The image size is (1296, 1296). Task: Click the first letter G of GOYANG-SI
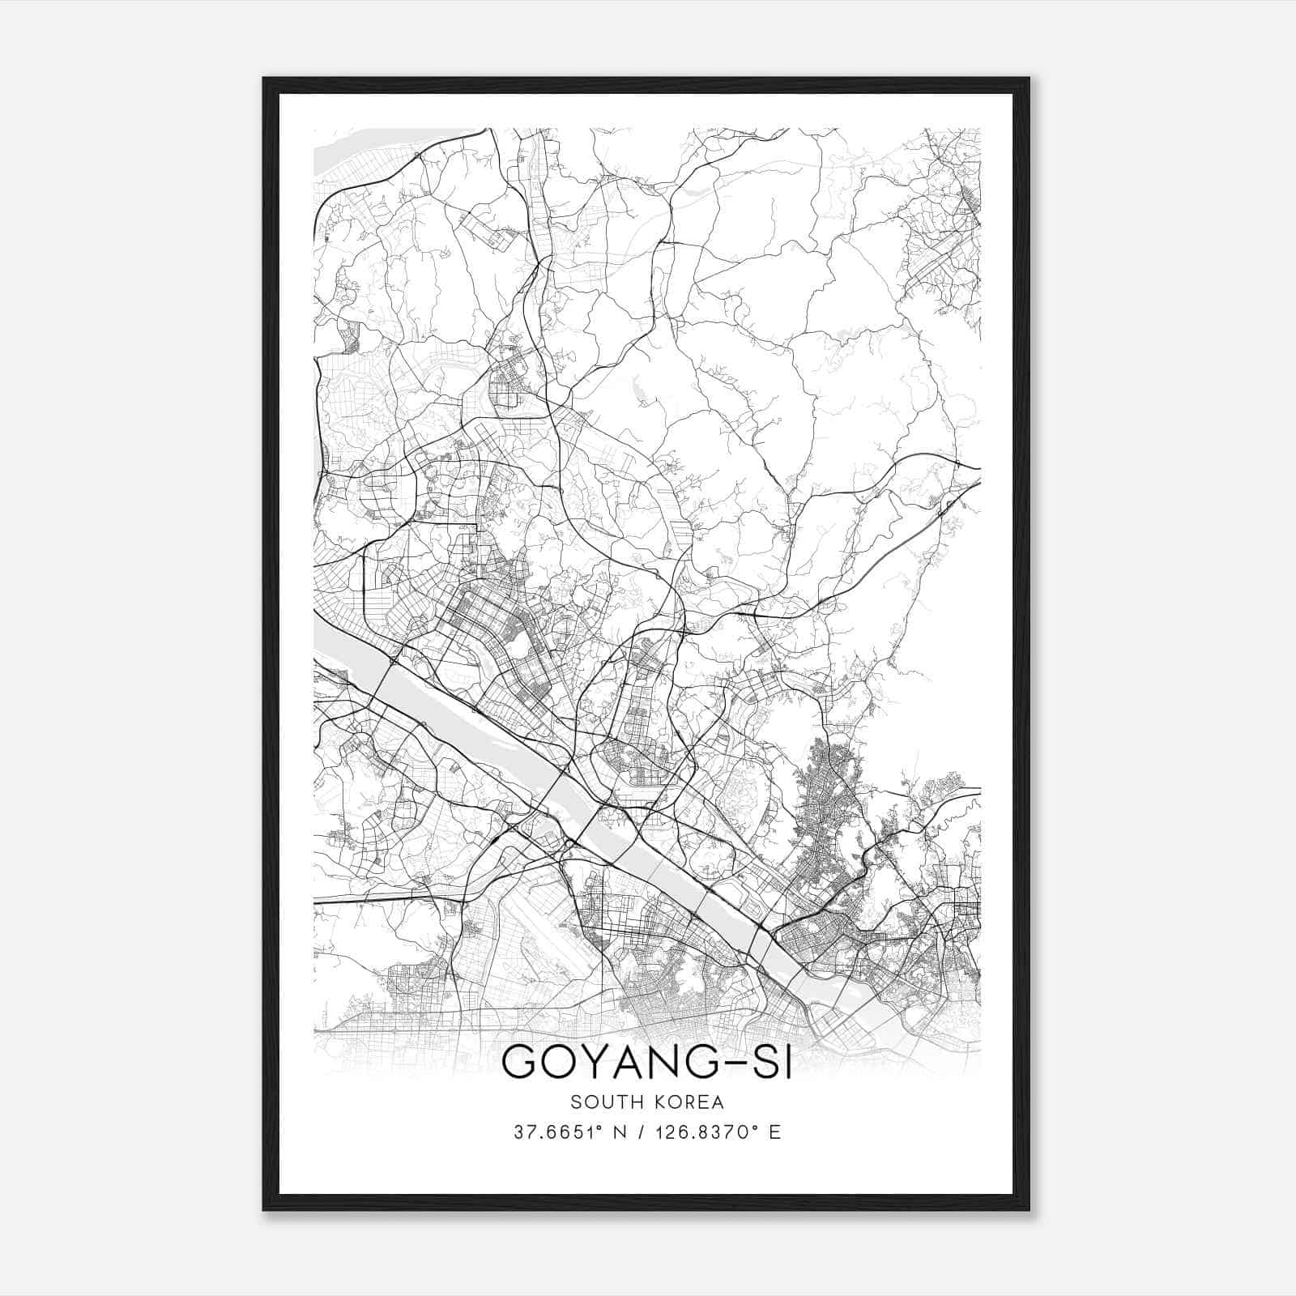521,1062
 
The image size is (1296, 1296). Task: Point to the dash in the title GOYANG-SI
730,1063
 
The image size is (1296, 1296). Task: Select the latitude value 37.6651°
555,1132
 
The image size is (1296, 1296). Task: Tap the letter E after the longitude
776,1132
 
